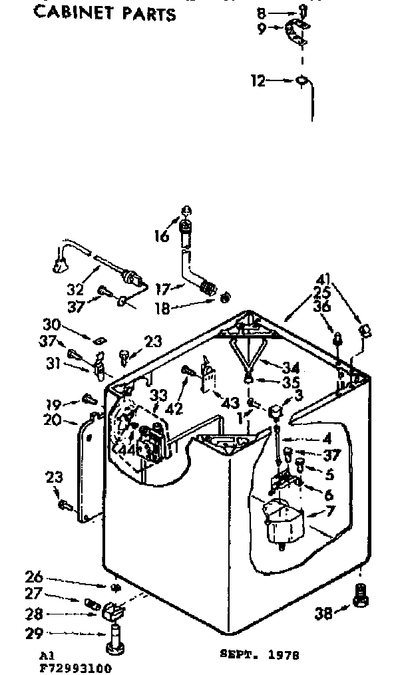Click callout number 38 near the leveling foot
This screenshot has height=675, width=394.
click(x=324, y=614)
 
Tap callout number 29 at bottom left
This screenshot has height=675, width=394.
click(x=34, y=634)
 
